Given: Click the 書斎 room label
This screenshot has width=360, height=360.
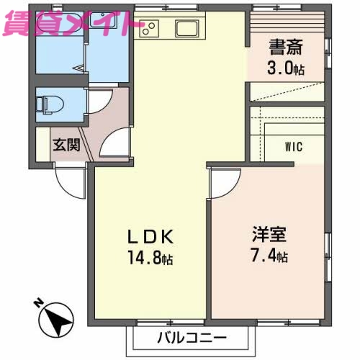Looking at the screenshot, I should pyautogui.click(x=286, y=49).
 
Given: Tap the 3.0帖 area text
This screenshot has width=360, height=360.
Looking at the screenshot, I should pyautogui.click(x=286, y=69).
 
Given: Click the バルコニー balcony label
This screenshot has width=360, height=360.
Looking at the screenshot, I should pyautogui.click(x=193, y=337).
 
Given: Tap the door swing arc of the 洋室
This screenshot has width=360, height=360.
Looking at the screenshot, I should pyautogui.click(x=220, y=184).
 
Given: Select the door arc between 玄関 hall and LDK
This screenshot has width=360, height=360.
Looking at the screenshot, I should pyautogui.click(x=114, y=144).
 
